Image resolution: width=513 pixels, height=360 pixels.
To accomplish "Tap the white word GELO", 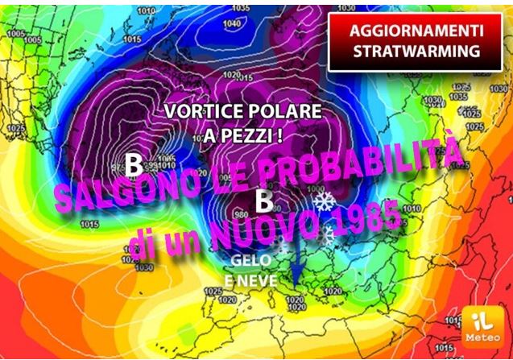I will click(x=250, y=261).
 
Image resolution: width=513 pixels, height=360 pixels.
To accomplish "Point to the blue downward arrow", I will click(x=299, y=258).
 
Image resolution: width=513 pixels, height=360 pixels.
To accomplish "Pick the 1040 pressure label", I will click(x=231, y=23).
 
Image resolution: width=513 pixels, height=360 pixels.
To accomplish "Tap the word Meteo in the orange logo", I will click(x=482, y=337).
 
